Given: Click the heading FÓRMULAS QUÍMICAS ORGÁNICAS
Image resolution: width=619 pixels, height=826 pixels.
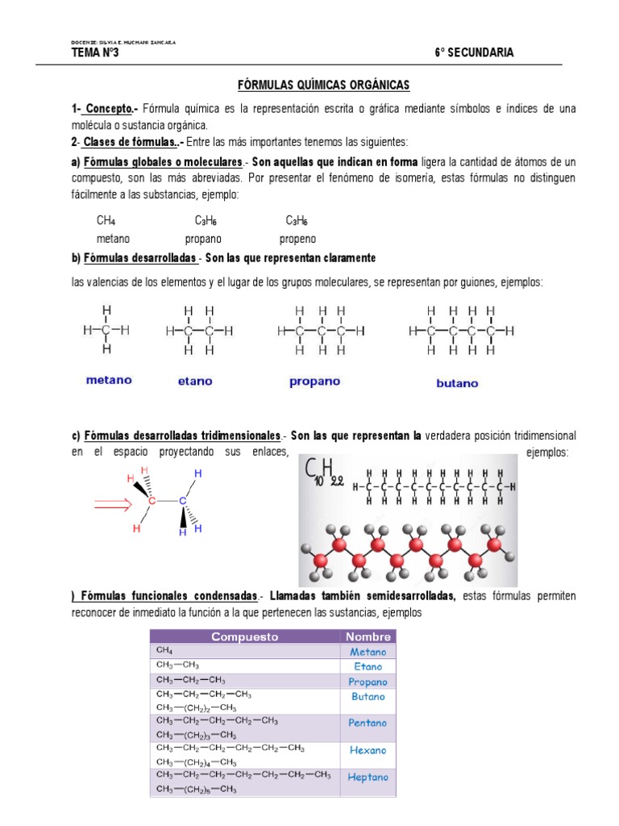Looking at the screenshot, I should pyautogui.click(x=323, y=84).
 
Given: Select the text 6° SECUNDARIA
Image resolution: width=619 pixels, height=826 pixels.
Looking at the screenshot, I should pyautogui.click(x=474, y=53).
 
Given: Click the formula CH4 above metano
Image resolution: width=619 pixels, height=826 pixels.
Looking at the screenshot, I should pyautogui.click(x=106, y=220).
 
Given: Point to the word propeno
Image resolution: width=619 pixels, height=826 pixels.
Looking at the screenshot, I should pyautogui.click(x=297, y=239).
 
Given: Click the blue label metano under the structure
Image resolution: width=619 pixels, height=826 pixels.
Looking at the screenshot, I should pyautogui.click(x=109, y=380).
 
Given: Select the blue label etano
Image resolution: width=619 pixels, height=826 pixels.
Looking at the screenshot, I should pyautogui.click(x=195, y=381).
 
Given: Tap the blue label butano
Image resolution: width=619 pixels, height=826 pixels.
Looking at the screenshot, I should pyautogui.click(x=457, y=383).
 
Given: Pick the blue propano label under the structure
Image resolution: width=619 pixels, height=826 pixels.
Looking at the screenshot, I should pyautogui.click(x=314, y=382).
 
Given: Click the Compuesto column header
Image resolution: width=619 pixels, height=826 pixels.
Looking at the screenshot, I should pyautogui.click(x=244, y=636).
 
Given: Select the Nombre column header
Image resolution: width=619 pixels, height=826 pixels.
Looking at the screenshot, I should pyautogui.click(x=368, y=636).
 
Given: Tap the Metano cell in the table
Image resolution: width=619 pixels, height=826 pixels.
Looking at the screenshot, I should pyautogui.click(x=368, y=652).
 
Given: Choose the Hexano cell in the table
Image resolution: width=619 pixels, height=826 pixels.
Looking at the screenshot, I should pyautogui.click(x=368, y=750).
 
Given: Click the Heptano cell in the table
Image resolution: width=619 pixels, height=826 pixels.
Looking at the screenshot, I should pyautogui.click(x=368, y=778).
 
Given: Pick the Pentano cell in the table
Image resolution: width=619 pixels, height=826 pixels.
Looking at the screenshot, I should pyautogui.click(x=368, y=724).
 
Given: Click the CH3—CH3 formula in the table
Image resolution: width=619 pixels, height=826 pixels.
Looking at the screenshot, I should pyautogui.click(x=179, y=665).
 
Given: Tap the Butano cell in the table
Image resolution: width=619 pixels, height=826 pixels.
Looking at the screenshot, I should pyautogui.click(x=368, y=696).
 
